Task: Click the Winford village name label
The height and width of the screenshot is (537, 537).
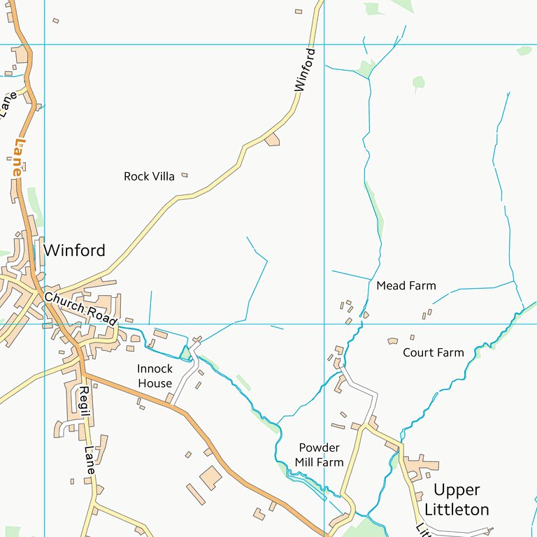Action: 74,250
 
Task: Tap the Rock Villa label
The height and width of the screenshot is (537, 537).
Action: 149,176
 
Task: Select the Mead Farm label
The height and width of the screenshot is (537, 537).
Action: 406,285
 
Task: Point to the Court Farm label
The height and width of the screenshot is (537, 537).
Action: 433,352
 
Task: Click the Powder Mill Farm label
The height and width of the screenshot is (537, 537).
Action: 319,454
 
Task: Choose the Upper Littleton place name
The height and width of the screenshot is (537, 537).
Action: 457,499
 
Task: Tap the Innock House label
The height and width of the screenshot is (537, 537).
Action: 155,375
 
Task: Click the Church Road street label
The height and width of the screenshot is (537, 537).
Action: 80,308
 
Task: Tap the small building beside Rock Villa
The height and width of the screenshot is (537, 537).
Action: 185,175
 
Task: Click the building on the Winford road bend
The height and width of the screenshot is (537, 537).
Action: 272,140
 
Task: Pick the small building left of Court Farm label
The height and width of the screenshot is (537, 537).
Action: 392,341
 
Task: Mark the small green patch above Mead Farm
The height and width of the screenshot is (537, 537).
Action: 418,83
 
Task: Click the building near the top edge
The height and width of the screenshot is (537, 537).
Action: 299,11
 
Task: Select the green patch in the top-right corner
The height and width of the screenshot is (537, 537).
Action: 524,50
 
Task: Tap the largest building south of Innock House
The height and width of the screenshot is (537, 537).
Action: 210,478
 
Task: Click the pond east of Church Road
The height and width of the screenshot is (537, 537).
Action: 185,352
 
